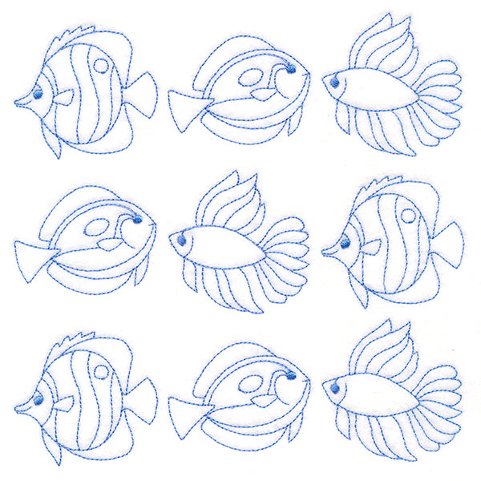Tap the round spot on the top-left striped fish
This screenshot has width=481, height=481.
[x=102, y=66]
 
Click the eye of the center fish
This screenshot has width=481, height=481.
[x=182, y=240]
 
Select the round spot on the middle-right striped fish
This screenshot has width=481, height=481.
[x=408, y=216]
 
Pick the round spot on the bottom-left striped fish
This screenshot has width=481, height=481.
[x=102, y=371]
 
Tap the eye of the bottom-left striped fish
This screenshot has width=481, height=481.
[x=36, y=399]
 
